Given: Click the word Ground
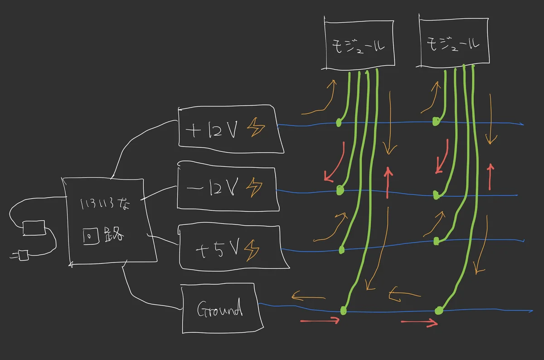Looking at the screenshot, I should tap(220, 310).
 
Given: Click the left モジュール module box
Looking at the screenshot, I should tap(358, 44).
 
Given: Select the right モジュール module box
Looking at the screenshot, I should tap(454, 44).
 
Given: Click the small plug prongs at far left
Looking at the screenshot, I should tap(19, 256).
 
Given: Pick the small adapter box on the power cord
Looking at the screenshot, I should tap(34, 228).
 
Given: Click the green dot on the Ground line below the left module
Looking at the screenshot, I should tap(343, 311).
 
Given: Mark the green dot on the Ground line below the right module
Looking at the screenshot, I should tap(438, 311).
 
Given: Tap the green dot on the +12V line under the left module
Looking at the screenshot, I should tap(338, 123).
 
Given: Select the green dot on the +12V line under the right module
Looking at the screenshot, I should tap(435, 122).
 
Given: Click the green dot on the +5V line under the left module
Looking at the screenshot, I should tap(342, 249).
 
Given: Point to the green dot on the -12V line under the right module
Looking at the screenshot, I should tap(436, 195).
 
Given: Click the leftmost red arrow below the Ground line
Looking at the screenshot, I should tap(320, 321).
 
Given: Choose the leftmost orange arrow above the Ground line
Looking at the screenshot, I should tap(308, 297).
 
